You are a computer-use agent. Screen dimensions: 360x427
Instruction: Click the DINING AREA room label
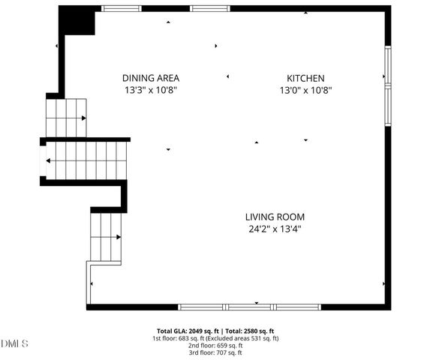coord(151,78)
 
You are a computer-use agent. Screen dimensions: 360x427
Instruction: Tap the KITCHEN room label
coord(305,78)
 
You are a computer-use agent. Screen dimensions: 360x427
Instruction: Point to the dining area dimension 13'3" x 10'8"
coord(151,90)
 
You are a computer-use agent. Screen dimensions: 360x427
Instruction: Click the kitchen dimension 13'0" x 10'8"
coord(305,90)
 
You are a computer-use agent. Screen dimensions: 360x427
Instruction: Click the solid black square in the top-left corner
coord(77,20)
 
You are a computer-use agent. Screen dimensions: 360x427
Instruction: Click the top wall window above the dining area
coord(122,8)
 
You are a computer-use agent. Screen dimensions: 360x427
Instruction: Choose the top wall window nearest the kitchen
coord(204,8)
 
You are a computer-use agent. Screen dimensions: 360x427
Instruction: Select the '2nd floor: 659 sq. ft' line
coord(215,345)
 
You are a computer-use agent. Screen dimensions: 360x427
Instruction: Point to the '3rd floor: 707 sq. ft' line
coord(215,352)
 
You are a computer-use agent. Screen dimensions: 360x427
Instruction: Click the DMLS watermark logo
coord(15,343)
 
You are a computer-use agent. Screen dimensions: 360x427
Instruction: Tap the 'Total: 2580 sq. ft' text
coord(249,331)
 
